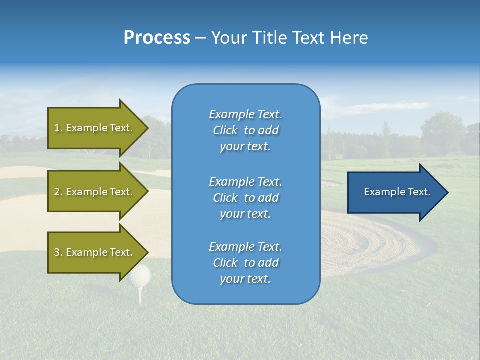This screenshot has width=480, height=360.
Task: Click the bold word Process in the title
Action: click(x=157, y=38)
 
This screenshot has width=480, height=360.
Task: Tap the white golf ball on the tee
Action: click(x=140, y=275)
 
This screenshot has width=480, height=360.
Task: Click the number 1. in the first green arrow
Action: click(x=58, y=128)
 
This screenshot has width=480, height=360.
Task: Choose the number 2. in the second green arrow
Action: click(x=58, y=192)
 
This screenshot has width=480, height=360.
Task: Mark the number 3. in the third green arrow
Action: click(x=58, y=252)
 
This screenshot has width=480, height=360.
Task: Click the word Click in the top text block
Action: click(x=225, y=130)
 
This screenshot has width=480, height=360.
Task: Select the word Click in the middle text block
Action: click(x=225, y=198)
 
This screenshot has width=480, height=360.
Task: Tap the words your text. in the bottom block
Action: click(x=245, y=279)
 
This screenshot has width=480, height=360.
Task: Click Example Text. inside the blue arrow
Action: click(x=397, y=192)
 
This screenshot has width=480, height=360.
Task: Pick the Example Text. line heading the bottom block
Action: click(x=245, y=247)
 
